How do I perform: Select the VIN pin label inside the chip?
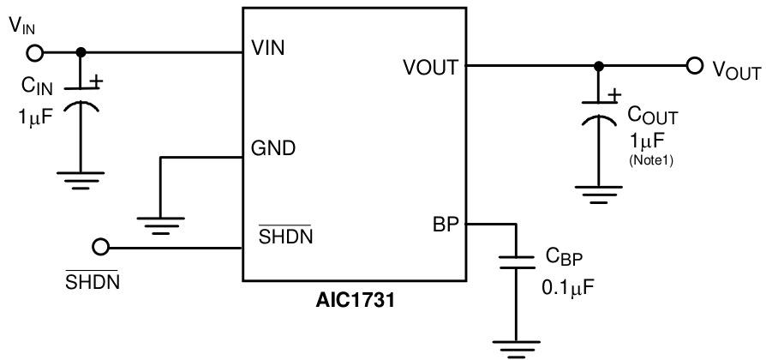point(267,48)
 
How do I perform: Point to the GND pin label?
point(273,148)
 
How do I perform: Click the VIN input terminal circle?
point(35,52)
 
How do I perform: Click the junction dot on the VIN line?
point(81,52)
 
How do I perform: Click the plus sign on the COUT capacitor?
point(614,97)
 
